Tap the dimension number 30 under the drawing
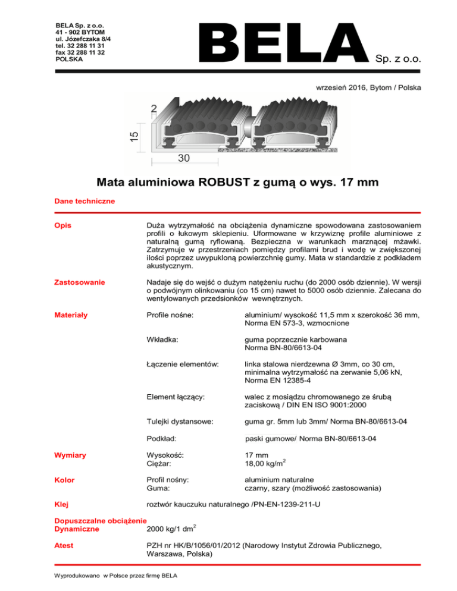click(185, 159)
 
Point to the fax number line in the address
click(80, 52)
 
